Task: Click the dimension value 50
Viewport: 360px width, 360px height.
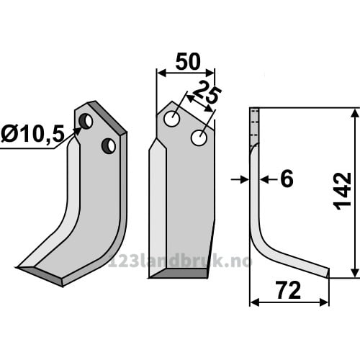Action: [188, 62]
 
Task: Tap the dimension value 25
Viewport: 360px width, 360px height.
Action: [206, 92]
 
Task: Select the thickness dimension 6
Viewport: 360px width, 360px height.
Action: [287, 179]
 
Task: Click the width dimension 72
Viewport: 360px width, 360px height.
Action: [289, 290]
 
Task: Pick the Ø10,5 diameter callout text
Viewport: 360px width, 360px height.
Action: [33, 134]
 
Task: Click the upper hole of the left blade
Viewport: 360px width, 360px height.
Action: [86, 122]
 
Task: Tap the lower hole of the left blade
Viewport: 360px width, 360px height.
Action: [109, 145]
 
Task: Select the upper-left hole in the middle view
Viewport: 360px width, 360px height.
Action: [172, 119]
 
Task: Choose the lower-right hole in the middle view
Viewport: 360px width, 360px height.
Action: [199, 138]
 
